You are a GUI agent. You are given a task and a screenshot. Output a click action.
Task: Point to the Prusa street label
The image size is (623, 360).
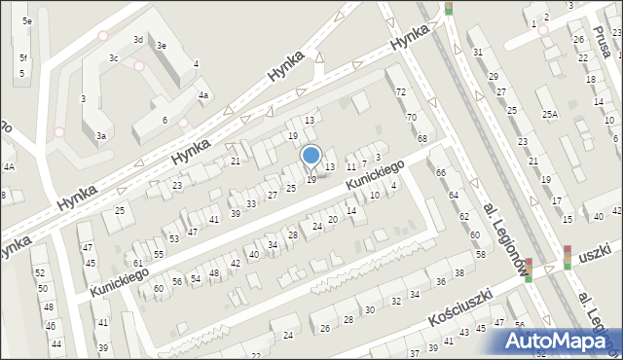(602, 41)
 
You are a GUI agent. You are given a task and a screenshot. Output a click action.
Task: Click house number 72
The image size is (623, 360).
(400, 91)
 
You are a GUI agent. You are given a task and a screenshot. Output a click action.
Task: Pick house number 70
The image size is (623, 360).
(411, 118)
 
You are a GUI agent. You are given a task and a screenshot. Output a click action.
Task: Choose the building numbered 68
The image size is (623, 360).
(422, 139)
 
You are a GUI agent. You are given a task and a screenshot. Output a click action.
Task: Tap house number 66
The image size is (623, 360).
(440, 173)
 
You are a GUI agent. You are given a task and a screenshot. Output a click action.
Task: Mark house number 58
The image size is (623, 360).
(480, 254)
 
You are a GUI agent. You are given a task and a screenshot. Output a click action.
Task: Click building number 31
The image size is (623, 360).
(477, 52)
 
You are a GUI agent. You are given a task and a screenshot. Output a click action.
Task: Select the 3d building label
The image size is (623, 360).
(138, 40)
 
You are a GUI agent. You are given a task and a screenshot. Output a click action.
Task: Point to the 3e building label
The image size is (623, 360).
(162, 46)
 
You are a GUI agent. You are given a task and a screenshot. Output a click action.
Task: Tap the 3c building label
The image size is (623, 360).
(114, 58)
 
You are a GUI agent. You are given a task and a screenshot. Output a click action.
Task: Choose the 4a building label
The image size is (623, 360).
(203, 95)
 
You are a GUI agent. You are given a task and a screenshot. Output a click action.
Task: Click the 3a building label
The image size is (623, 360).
(101, 137)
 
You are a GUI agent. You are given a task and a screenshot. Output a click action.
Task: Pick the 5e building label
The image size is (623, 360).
(28, 20)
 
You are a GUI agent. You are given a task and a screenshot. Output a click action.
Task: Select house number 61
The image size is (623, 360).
(138, 264)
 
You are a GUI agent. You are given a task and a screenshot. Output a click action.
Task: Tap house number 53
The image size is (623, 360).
(174, 239)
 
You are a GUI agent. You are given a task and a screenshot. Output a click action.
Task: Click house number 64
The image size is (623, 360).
(453, 196)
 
